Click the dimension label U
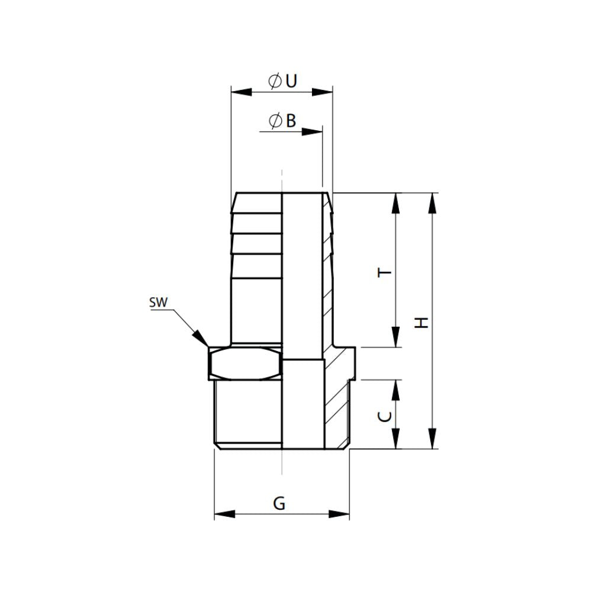tap(291, 82)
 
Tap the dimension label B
tap(291, 121)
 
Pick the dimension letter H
tap(422, 323)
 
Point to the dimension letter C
tap(385, 417)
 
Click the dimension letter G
tap(279, 504)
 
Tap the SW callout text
tap(159, 303)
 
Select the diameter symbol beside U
tap(274, 82)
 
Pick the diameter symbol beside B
tap(274, 121)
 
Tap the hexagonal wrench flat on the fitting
tap(244, 362)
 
